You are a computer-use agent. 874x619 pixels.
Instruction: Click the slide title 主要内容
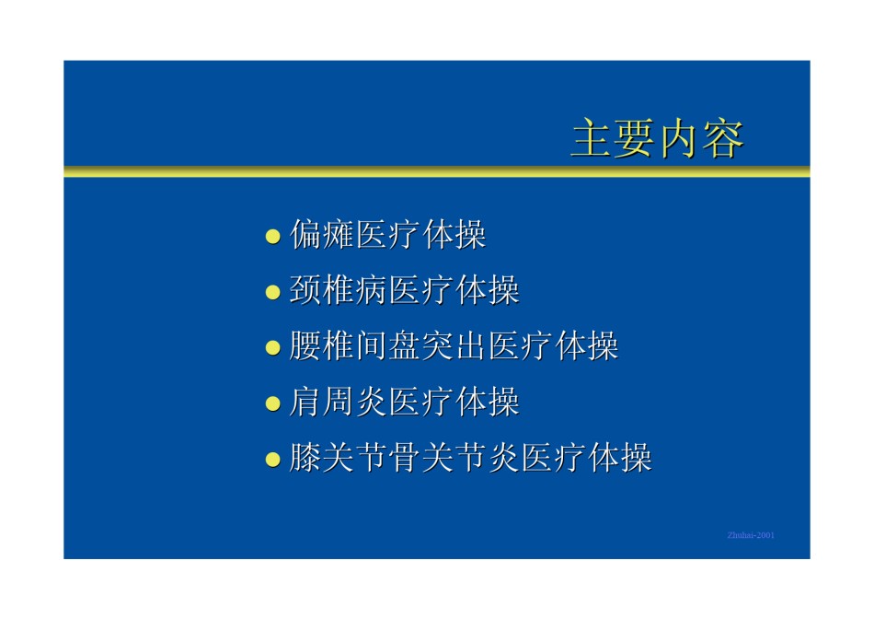click(x=658, y=138)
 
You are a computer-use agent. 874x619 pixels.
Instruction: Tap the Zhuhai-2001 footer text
click(x=751, y=535)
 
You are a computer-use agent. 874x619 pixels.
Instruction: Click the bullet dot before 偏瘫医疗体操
click(x=272, y=236)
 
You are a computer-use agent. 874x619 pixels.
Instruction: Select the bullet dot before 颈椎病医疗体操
click(x=272, y=292)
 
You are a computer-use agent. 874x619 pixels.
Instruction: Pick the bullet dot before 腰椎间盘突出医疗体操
click(x=272, y=348)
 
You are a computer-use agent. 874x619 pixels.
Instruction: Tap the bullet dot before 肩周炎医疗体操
click(x=272, y=403)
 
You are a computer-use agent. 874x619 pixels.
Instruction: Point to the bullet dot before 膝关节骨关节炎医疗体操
click(x=272, y=460)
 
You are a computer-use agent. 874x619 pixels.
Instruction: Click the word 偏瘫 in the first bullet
click(x=322, y=234)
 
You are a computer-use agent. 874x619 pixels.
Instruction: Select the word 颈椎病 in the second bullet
click(x=339, y=290)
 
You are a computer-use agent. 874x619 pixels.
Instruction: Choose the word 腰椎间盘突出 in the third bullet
click(x=388, y=346)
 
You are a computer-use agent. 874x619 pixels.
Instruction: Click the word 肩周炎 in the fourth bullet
click(x=339, y=402)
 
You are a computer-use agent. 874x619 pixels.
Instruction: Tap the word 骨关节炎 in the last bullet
click(x=454, y=458)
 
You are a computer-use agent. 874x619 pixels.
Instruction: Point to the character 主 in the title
click(x=593, y=138)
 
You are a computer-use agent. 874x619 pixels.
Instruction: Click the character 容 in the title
click(x=723, y=138)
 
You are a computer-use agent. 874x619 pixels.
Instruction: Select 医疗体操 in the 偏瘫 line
click(x=421, y=234)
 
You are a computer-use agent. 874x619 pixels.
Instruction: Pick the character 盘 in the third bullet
click(x=405, y=346)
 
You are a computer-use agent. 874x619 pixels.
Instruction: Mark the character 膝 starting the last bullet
click(x=306, y=458)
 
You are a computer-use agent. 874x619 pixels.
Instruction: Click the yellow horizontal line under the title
click(x=437, y=171)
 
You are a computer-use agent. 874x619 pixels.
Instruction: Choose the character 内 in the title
click(x=680, y=138)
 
